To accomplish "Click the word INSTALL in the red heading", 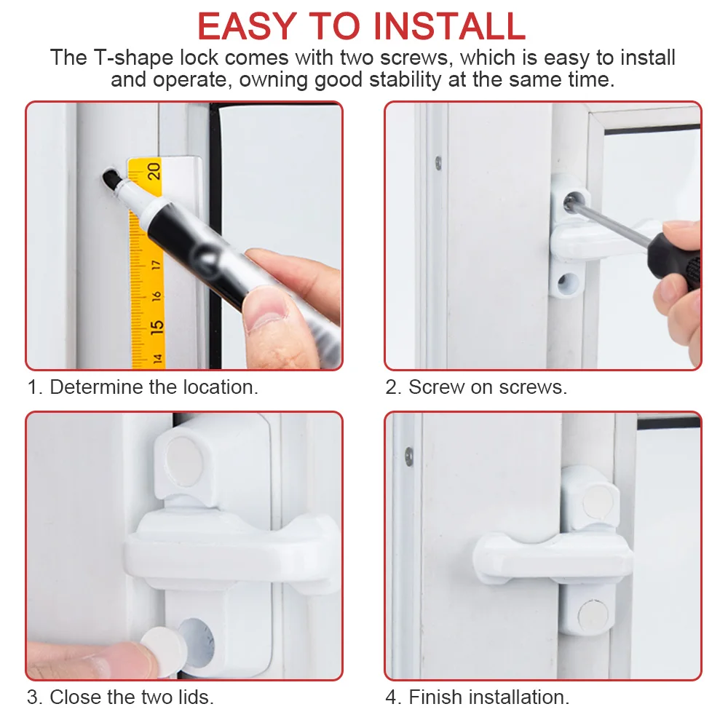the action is [x=449, y=26].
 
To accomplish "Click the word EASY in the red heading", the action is [x=247, y=26].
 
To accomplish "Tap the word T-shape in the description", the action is [x=133, y=58].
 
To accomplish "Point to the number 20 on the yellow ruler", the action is [x=154, y=171].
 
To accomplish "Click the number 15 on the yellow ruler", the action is [x=157, y=327].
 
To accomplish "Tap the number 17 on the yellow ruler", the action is [x=156, y=265].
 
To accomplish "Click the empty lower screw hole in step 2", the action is [x=566, y=282].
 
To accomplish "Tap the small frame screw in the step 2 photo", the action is [x=438, y=162].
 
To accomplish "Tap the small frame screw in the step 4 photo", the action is [x=409, y=457].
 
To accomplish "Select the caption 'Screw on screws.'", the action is [x=488, y=387].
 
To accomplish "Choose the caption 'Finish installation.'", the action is [x=489, y=697].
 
